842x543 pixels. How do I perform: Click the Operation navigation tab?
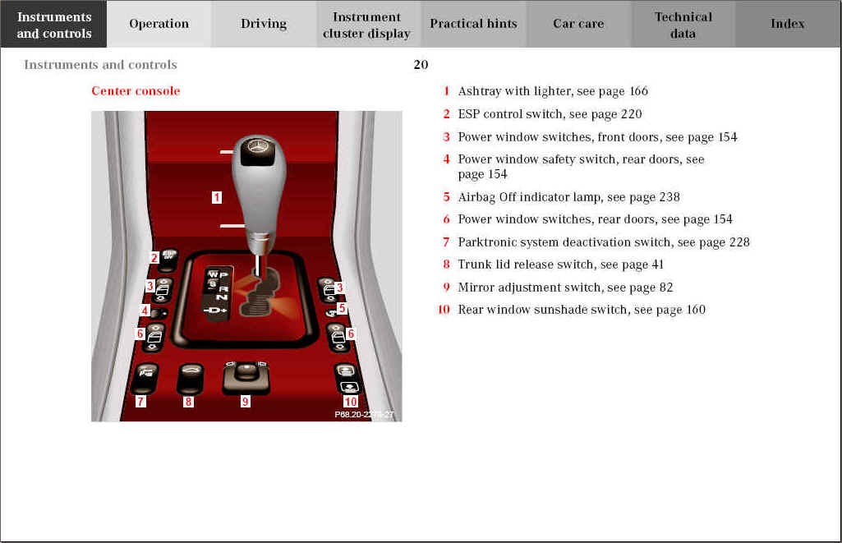(x=159, y=24)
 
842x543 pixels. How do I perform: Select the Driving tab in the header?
(x=264, y=24)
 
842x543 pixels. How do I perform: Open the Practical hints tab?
(x=473, y=24)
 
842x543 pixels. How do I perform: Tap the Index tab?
(x=787, y=24)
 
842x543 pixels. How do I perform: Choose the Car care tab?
(x=578, y=24)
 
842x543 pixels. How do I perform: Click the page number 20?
(x=421, y=64)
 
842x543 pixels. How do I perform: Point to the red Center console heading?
(x=136, y=90)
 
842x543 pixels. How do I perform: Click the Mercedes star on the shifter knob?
(x=256, y=146)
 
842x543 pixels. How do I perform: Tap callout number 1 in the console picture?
(x=216, y=197)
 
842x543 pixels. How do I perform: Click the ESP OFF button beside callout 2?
(x=168, y=257)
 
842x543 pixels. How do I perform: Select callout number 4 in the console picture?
(x=145, y=310)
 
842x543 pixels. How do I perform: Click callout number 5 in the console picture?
(x=342, y=308)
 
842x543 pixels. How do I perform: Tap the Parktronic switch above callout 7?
(x=145, y=378)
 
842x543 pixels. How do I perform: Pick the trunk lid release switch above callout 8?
(x=190, y=378)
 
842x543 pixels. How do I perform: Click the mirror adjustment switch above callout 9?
(x=246, y=377)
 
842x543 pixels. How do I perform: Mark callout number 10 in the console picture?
(x=351, y=401)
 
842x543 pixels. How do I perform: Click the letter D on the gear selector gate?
(x=214, y=311)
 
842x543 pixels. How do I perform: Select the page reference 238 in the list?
(x=669, y=197)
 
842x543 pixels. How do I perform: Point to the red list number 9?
(x=446, y=288)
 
